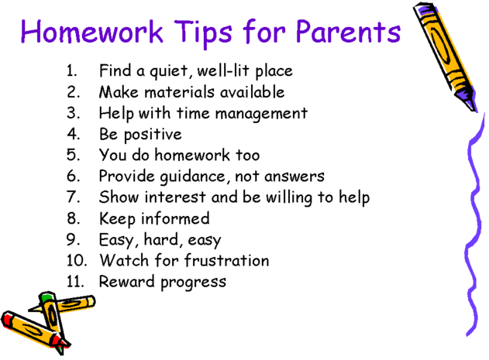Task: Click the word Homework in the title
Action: [91, 31]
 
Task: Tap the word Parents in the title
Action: [348, 31]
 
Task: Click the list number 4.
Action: [74, 134]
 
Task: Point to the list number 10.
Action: [77, 260]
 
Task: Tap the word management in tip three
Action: [261, 114]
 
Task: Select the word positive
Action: [153, 135]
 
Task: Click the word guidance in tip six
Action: [193, 177]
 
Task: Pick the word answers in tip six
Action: [294, 177]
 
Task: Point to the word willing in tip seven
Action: [288, 198]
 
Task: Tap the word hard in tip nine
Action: [161, 240]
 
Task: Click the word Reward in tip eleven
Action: [126, 282]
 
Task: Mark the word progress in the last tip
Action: [194, 283]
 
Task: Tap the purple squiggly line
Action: [474, 225]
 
